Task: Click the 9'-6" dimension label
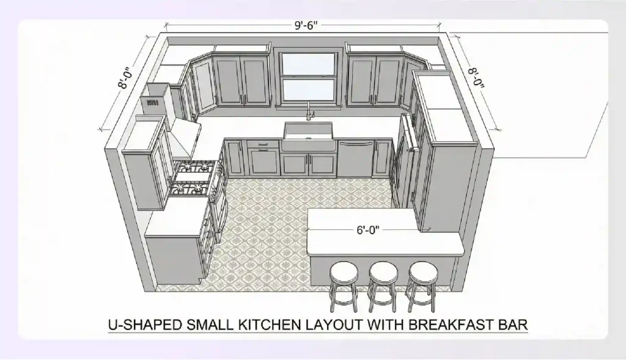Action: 305,26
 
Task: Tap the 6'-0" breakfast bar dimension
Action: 369,230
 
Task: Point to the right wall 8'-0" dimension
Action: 476,78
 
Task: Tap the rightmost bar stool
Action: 422,281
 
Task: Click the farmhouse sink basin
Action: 308,139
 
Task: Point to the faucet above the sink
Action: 309,111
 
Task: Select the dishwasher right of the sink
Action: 355,158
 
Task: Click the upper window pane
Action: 307,64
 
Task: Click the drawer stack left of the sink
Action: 262,156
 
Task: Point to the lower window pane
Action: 307,90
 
